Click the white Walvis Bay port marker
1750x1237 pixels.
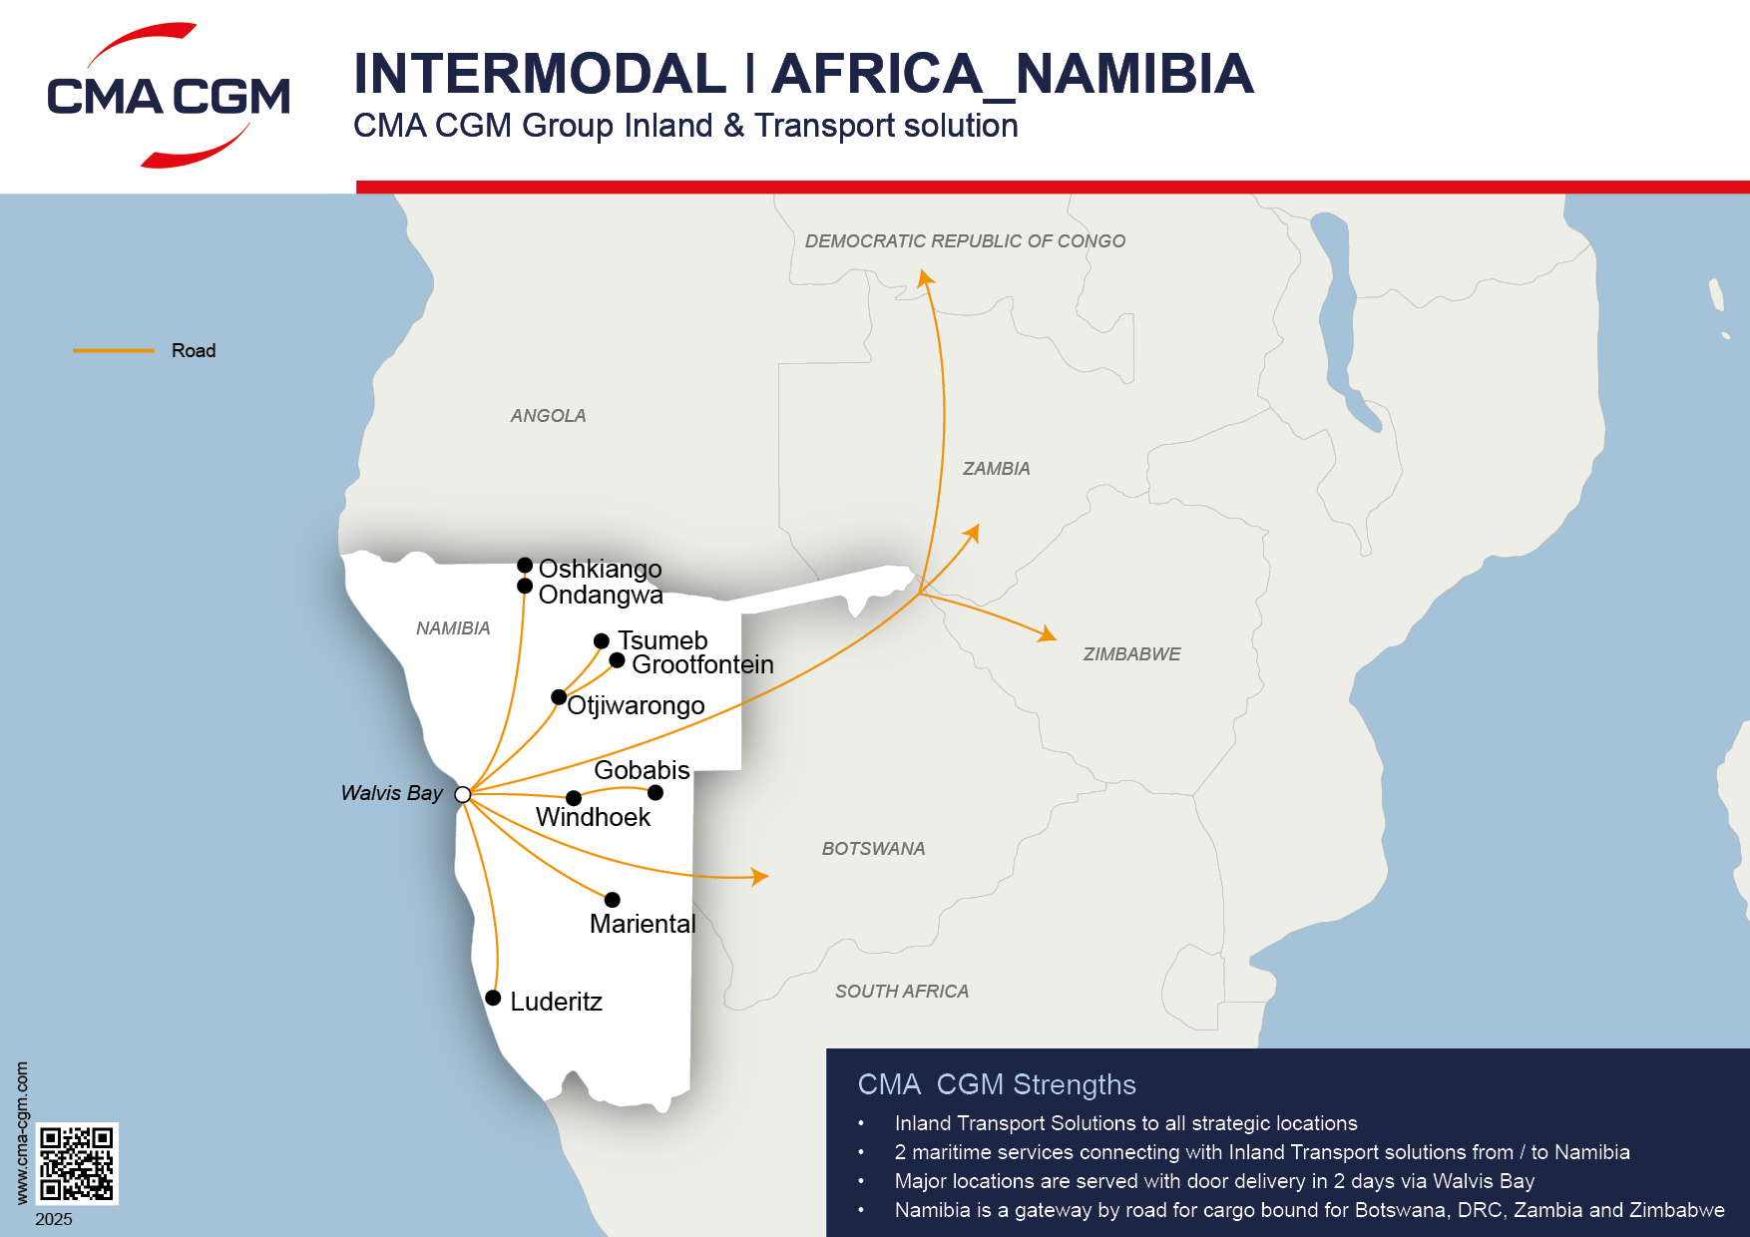click(463, 794)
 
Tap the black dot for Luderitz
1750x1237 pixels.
click(493, 998)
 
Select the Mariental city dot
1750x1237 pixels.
click(613, 900)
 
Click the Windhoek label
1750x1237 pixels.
click(593, 817)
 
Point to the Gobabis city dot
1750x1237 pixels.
click(656, 793)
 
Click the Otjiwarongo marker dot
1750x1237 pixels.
click(559, 696)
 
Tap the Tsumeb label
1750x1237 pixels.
click(662, 640)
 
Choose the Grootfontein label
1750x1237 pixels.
click(702, 664)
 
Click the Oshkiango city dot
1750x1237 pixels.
click(525, 566)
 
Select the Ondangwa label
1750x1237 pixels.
click(601, 595)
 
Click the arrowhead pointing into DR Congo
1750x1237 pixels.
click(926, 277)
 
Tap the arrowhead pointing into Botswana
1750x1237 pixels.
click(760, 877)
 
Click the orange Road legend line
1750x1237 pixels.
click(114, 350)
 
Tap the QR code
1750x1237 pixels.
click(77, 1163)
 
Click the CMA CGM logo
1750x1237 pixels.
click(169, 96)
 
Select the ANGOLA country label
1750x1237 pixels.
click(548, 416)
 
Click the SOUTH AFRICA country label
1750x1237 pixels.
click(902, 991)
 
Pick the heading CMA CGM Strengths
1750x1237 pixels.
click(997, 1084)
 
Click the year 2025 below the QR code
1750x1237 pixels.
click(54, 1219)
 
